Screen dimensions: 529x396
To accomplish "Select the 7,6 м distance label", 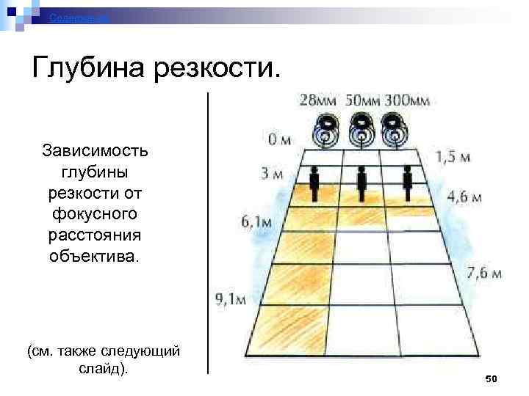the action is tap(484, 274).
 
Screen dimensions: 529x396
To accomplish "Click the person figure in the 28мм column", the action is tap(314, 184).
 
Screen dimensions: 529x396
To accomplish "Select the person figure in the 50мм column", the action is tap(361, 184).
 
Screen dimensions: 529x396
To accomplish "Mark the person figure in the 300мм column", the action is tap(408, 184).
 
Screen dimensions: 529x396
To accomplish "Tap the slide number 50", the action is tap(492, 378).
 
